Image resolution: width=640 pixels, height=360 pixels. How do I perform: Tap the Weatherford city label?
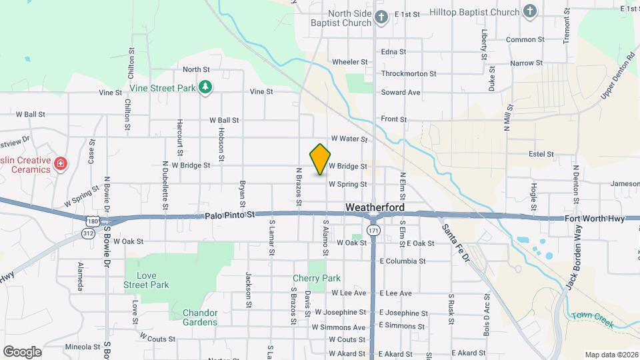(x=376, y=208)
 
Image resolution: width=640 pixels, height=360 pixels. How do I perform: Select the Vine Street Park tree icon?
(x=207, y=87)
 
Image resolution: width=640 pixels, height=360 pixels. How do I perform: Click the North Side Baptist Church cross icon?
(x=381, y=17)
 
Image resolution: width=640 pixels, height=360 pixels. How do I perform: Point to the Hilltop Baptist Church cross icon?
(x=529, y=11)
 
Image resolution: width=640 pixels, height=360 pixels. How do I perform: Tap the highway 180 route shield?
(x=93, y=221)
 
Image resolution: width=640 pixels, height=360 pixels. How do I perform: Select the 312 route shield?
(x=87, y=233)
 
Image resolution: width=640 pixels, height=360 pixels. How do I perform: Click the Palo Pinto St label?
(x=230, y=215)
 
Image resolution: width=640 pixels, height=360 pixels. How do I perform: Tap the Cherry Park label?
(x=317, y=279)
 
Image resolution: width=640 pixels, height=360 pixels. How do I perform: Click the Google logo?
(x=22, y=351)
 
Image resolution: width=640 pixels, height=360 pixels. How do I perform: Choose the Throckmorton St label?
(x=408, y=74)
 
